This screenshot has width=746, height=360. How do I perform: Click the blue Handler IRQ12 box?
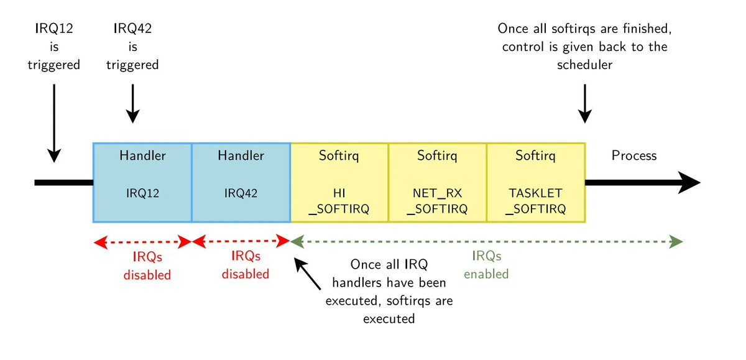click(142, 182)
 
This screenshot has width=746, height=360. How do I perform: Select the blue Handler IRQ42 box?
click(241, 182)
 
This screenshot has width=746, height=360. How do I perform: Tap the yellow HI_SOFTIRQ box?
click(339, 182)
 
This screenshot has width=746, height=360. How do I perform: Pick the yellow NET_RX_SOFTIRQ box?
click(437, 182)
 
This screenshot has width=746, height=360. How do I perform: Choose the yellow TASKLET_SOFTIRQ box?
click(535, 182)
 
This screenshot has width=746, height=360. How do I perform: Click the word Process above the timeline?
click(634, 155)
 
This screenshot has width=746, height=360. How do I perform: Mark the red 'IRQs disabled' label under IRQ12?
click(147, 265)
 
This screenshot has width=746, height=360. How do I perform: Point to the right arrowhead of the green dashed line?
click(677, 241)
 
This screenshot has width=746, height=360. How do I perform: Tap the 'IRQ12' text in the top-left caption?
click(53, 28)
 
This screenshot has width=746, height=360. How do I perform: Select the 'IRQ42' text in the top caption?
click(132, 28)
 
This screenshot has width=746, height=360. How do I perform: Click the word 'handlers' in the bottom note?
click(362, 282)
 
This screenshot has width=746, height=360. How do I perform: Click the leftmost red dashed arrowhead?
click(98, 242)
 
